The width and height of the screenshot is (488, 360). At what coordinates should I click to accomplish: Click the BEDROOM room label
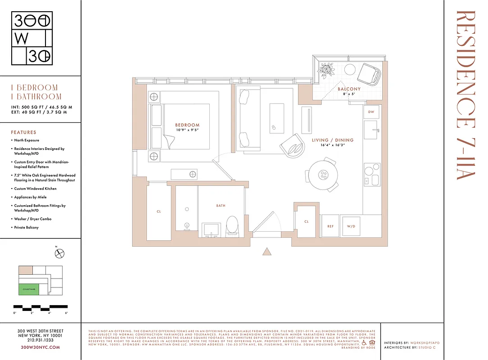point(187,125)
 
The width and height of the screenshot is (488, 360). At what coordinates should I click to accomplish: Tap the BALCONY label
point(349,89)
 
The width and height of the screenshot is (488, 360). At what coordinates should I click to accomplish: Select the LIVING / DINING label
point(332,140)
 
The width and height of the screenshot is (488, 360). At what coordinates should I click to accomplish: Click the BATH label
point(221,206)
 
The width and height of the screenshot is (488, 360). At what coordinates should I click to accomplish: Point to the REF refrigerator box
point(330,226)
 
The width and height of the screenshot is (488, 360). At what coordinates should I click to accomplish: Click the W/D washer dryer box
point(351,226)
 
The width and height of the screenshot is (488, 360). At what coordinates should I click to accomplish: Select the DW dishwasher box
point(371,112)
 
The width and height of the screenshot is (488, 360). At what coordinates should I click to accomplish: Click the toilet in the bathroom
point(232,225)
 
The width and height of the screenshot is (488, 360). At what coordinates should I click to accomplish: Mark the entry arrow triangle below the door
point(267,252)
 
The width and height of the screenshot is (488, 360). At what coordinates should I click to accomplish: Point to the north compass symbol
point(59,254)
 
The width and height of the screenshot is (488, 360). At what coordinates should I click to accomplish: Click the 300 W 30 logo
point(32,39)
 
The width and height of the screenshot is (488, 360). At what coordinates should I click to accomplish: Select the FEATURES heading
point(23,132)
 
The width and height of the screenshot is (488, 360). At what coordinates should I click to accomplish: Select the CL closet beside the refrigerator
point(306,222)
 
